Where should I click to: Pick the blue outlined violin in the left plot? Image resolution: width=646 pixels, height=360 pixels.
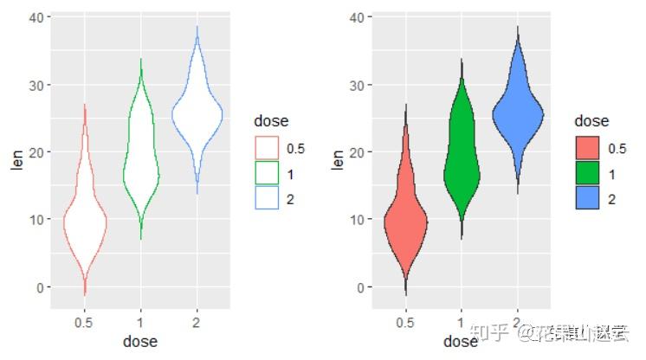[x=197, y=112]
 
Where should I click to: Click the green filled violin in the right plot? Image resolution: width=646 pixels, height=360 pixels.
[x=462, y=169]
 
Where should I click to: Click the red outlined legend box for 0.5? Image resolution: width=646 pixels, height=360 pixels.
[x=267, y=148]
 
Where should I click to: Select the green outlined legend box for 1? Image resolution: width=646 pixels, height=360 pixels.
[x=267, y=173]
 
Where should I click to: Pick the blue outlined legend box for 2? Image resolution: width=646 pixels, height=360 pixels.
[x=267, y=198]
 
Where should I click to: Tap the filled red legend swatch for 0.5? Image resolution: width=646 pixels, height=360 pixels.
[x=588, y=148]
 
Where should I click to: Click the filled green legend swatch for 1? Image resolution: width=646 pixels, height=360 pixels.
[x=588, y=173]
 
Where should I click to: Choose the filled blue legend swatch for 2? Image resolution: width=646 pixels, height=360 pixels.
[x=588, y=198]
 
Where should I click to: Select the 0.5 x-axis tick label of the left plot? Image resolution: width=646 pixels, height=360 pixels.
[x=85, y=322]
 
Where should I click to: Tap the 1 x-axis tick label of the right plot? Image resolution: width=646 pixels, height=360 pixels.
[x=462, y=322]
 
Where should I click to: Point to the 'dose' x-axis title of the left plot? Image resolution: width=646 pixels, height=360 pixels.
[x=140, y=342]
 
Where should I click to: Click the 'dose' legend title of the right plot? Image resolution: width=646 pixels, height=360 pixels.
[x=591, y=122]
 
